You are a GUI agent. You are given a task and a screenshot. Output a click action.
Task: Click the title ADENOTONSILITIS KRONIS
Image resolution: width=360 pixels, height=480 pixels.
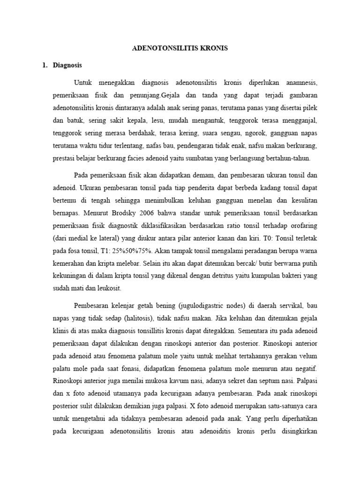point(180,48)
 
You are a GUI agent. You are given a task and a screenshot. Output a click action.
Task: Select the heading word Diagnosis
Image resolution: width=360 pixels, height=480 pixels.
point(67,65)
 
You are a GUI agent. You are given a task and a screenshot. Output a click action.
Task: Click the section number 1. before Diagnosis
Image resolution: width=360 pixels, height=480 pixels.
point(45,65)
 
